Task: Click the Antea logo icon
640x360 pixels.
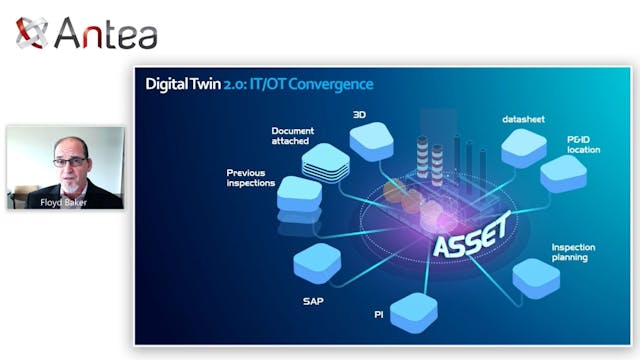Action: click(x=32, y=33)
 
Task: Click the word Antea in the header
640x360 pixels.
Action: click(x=105, y=34)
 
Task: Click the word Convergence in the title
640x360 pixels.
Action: click(x=330, y=84)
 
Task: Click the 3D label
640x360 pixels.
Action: click(x=360, y=114)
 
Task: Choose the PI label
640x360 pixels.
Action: click(x=379, y=314)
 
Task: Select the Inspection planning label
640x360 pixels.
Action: click(x=576, y=251)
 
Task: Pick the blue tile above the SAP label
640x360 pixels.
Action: click(x=318, y=263)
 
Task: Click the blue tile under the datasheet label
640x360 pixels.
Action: click(x=524, y=148)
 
